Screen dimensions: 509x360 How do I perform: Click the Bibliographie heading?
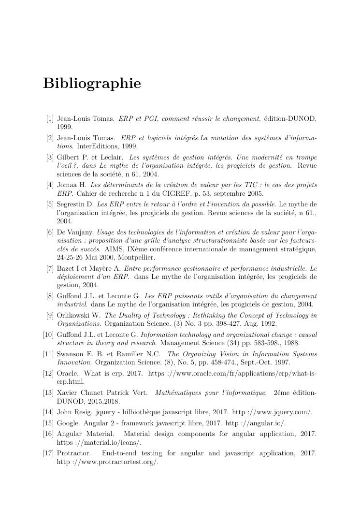tap(92, 84)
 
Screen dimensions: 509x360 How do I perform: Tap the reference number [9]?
tap(50, 316)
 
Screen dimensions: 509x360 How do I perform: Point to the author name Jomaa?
tap(67, 186)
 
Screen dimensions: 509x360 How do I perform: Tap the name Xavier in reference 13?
tap(67, 393)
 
